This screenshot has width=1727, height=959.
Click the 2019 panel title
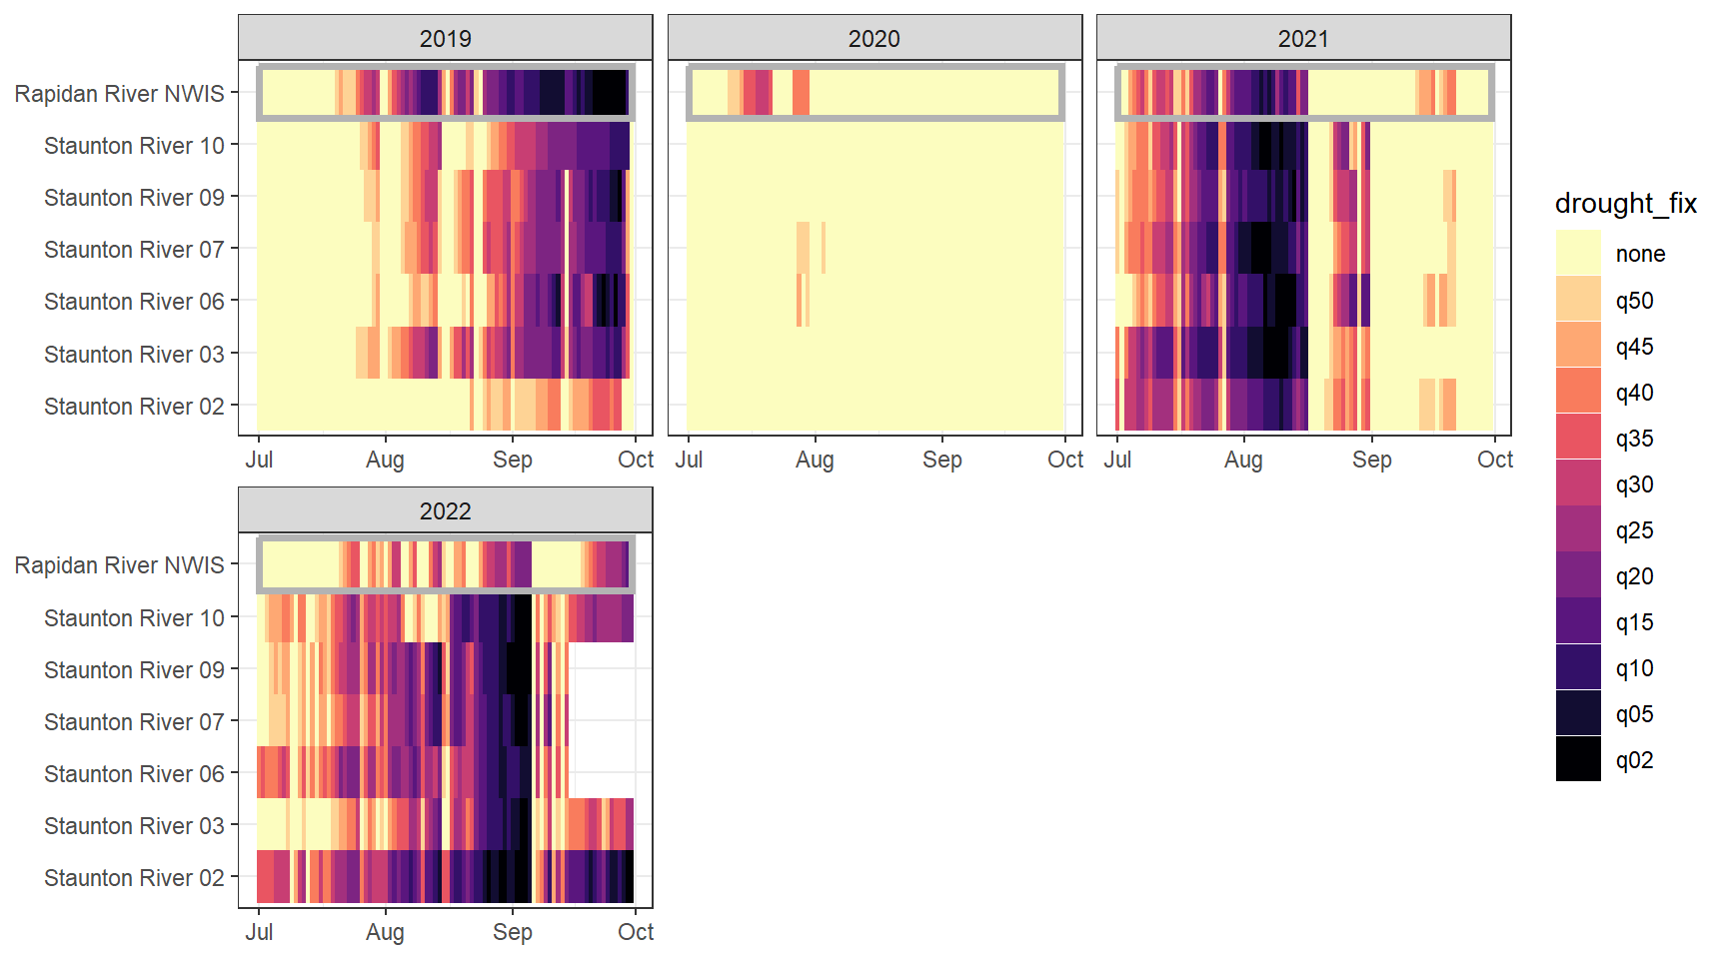click(445, 39)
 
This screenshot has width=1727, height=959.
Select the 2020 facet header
click(873, 39)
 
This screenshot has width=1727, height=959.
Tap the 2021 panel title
click(1302, 39)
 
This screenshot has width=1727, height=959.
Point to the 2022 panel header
click(445, 511)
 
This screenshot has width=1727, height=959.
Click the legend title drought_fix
click(1625, 204)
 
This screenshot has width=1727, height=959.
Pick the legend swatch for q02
click(1578, 759)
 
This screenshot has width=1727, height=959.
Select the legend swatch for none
click(1578, 254)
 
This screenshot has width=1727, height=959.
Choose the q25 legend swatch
click(1578, 529)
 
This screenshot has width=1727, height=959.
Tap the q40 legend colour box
click(1578, 392)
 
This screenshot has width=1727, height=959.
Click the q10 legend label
click(1634, 668)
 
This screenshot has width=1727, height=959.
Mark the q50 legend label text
click(1634, 301)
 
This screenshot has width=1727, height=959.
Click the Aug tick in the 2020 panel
click(815, 460)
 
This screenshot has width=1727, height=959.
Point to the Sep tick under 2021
click(1371, 460)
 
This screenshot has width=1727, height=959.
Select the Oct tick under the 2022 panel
click(636, 932)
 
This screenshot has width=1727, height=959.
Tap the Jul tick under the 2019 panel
click(259, 460)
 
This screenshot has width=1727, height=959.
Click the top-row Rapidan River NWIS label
click(119, 94)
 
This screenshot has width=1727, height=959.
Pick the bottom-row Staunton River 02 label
click(134, 878)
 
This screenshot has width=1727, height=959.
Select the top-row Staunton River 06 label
click(134, 302)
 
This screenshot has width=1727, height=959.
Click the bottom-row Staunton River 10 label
click(134, 618)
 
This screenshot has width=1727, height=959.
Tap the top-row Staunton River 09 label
click(134, 198)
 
